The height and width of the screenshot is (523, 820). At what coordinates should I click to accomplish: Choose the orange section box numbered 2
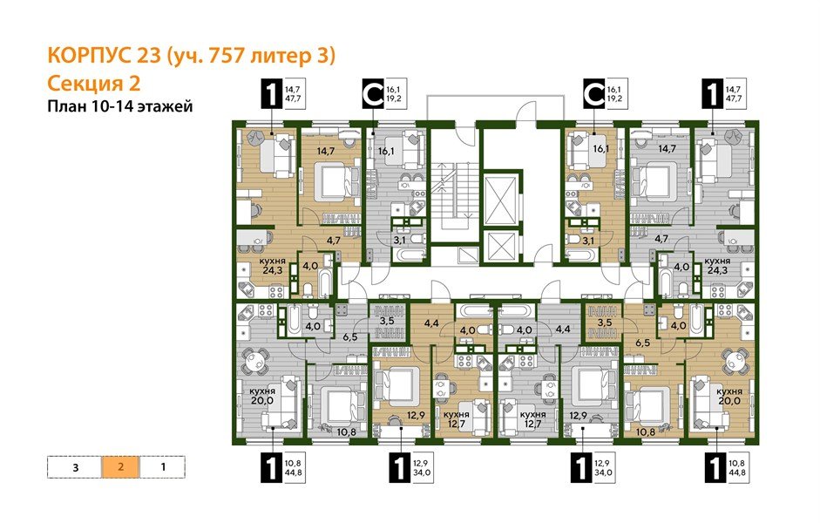click(x=120, y=466)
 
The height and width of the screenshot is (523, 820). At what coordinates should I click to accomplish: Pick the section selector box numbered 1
click(x=163, y=466)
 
